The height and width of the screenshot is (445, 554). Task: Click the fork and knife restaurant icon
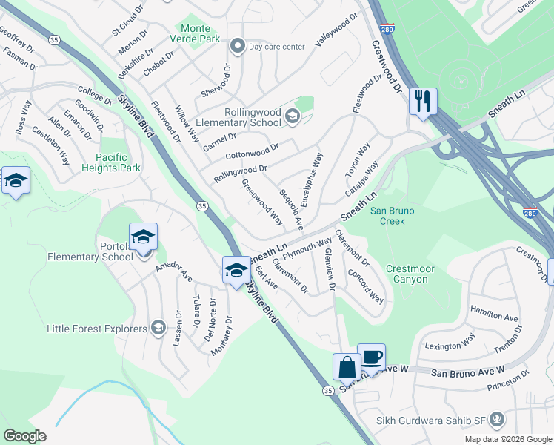(423, 101)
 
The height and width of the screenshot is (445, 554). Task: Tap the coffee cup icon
(371, 357)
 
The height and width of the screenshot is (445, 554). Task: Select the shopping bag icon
(347, 367)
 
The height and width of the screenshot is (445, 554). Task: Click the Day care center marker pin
(238, 47)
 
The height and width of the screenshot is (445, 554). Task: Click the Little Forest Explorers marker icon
(158, 328)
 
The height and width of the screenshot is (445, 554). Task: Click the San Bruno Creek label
(392, 216)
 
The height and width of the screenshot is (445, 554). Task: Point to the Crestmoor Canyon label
(407, 274)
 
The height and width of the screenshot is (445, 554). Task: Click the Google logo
(24, 436)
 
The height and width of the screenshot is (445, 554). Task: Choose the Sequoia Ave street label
(290, 208)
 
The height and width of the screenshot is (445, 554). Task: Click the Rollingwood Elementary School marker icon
(292, 116)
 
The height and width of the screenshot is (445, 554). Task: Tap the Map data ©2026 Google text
(507, 439)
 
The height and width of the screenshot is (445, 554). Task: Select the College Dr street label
(96, 94)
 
